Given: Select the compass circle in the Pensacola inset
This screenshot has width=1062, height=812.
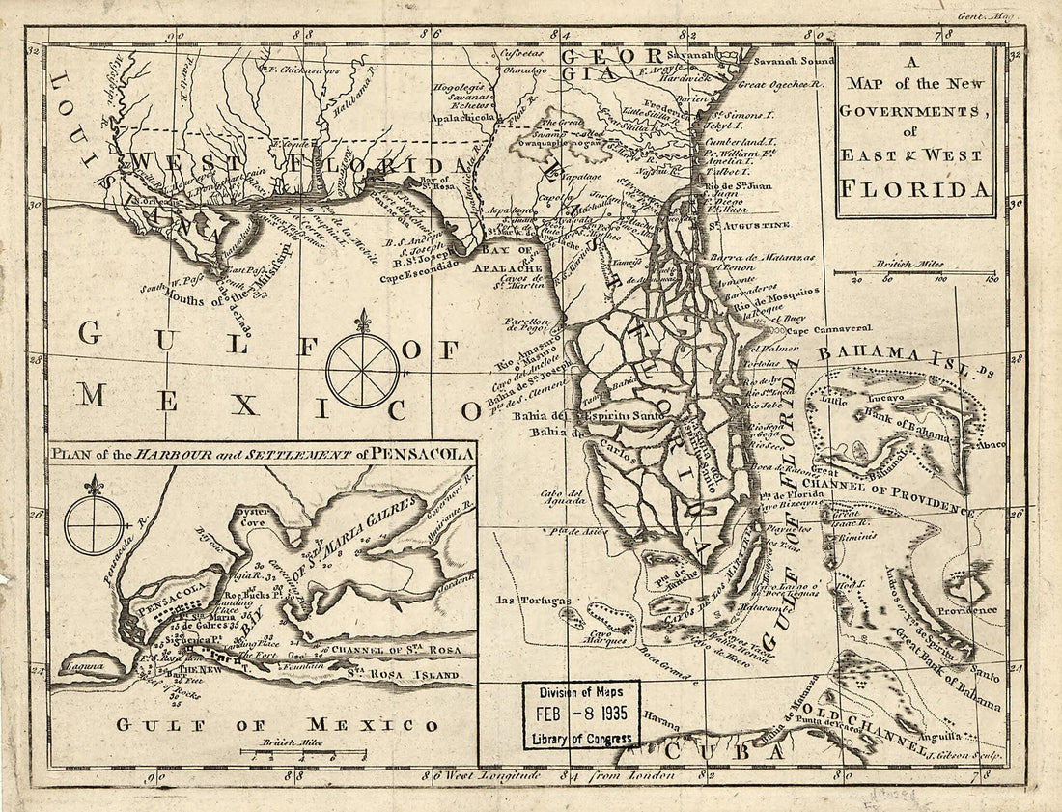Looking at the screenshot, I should pos(94,523).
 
